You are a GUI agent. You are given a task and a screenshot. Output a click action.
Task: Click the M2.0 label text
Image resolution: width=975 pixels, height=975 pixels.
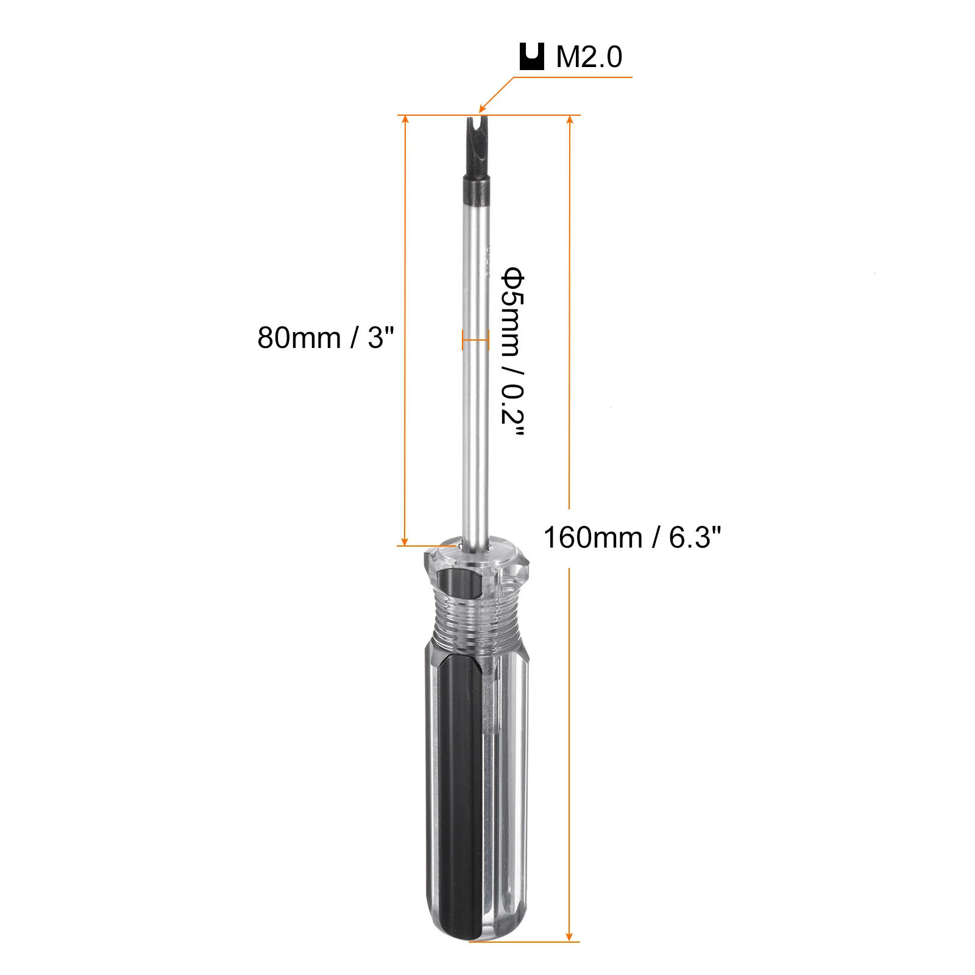click(x=589, y=57)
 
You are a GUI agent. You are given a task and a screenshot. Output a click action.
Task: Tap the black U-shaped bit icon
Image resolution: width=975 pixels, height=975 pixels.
click(x=531, y=57)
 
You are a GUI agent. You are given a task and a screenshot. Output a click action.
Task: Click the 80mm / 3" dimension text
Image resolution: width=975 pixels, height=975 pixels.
click(x=326, y=337)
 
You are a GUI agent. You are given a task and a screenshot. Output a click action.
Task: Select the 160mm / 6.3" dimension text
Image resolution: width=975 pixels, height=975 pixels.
click(x=632, y=537)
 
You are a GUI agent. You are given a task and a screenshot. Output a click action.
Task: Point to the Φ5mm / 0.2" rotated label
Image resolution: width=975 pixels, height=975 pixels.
click(x=512, y=353)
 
